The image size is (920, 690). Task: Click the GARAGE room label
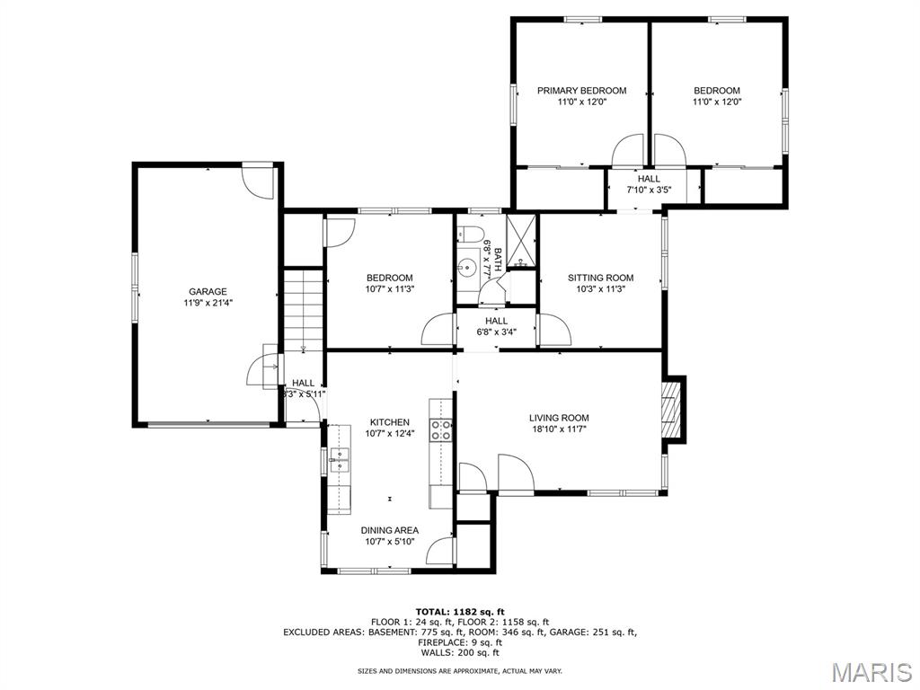coord(208,291)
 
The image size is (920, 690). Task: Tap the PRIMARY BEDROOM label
coord(581,91)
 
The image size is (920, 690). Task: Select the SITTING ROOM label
coord(600,278)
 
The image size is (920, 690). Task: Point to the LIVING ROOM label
coord(559,418)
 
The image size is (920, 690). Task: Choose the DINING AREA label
coord(390,530)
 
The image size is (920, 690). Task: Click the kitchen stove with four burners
coord(441,429)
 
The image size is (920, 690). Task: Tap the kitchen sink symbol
coord(339,460)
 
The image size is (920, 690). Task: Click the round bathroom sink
coord(466,267)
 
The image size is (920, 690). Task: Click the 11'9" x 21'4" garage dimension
coord(208,303)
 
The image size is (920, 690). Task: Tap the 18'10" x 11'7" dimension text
coord(559,429)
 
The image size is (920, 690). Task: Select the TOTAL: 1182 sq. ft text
coord(460,612)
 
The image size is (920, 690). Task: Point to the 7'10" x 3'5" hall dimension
coord(649,190)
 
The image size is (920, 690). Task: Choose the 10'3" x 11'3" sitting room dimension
coord(600,289)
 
